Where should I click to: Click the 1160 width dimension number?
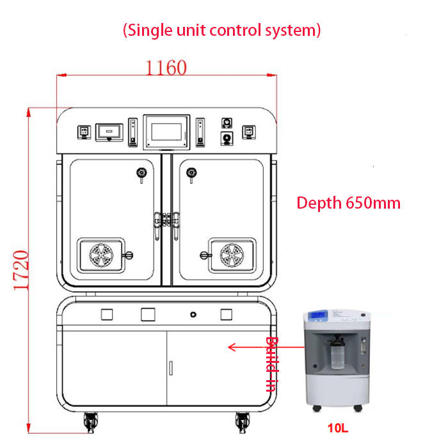166,68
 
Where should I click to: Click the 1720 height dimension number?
21,270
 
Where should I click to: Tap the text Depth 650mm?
348,203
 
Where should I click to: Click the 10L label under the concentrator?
338,428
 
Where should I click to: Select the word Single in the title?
150,30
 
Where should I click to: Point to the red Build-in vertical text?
271,364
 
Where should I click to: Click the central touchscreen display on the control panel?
166,132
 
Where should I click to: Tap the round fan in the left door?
101,255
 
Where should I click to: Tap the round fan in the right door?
232,255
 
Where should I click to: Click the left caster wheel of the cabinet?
91,422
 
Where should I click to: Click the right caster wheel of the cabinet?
243,422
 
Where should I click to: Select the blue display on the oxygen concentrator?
319,315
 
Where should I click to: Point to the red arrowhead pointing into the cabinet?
232,347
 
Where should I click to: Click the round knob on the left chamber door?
141,173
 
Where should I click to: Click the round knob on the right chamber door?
191,173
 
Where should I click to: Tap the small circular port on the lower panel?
193,315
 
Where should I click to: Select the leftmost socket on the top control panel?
84,132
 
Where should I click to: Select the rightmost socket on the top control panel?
249,132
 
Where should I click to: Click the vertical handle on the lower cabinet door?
171,368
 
